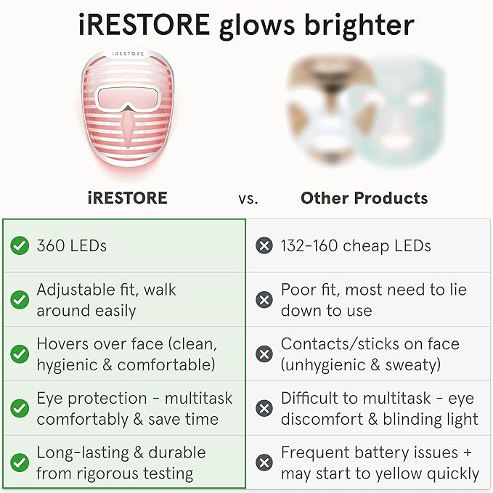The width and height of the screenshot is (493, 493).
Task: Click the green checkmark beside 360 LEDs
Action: [20, 246]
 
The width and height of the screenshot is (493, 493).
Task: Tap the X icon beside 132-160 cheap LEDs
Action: [264, 246]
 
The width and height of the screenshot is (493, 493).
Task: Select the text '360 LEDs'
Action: [71, 246]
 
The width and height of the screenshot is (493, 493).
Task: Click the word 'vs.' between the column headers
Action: [248, 198]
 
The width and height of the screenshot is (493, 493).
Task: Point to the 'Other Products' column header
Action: [364, 197]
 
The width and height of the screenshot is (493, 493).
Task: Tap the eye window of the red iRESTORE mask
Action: [127, 97]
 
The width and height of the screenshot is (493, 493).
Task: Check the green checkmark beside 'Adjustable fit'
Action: [20, 300]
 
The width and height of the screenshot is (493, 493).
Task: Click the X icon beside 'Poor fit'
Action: [264, 300]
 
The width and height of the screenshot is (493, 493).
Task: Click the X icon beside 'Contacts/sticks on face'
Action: [264, 354]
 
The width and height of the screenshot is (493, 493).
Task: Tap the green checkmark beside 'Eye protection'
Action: [20, 408]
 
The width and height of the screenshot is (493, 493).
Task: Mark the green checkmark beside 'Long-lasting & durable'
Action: [20, 463]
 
